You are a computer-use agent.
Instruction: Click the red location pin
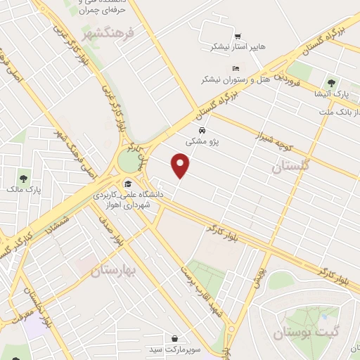click(181, 166)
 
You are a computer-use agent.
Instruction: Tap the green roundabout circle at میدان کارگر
click(129, 160)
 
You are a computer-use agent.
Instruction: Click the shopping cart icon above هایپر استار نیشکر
click(238, 36)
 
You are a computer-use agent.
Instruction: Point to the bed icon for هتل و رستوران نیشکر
click(236, 68)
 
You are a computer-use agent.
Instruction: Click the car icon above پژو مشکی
click(202, 131)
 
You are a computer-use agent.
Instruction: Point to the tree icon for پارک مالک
click(23, 179)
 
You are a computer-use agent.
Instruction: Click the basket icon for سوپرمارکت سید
click(174, 338)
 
